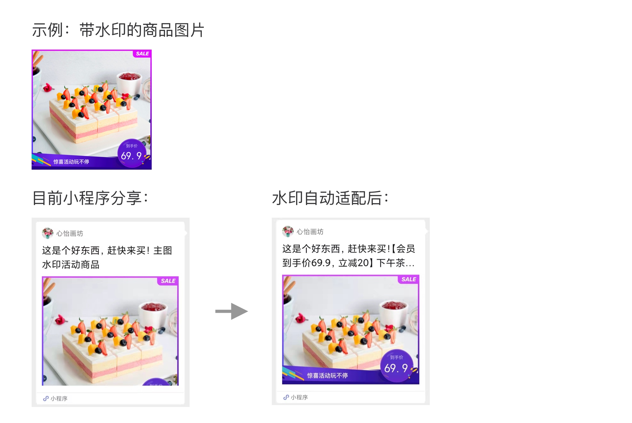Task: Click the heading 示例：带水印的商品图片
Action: (x=118, y=30)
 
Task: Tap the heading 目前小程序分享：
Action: (x=90, y=198)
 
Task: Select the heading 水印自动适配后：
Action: (x=330, y=198)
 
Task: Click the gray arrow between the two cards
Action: (x=232, y=311)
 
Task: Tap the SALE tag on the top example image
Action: (x=142, y=54)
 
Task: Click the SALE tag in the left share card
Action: (x=168, y=281)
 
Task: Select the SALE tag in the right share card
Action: (x=409, y=279)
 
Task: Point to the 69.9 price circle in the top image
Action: (x=132, y=153)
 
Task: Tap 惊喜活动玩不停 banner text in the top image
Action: (x=71, y=162)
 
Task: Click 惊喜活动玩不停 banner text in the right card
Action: (x=327, y=375)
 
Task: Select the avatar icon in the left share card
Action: (x=48, y=233)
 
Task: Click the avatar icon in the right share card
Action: (x=288, y=232)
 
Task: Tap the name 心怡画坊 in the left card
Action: (x=70, y=233)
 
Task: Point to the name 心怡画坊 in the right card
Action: (x=310, y=232)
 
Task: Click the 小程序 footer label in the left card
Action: (x=59, y=398)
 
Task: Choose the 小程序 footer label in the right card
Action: (x=299, y=397)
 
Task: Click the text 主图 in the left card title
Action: (x=163, y=251)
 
